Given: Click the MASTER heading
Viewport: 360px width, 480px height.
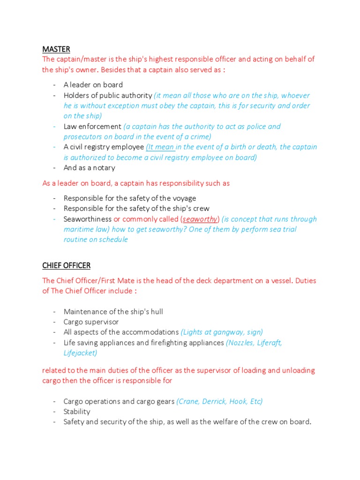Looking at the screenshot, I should pyautogui.click(x=56, y=49).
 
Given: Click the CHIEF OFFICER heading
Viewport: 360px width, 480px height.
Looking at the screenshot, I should pyautogui.click(x=66, y=266).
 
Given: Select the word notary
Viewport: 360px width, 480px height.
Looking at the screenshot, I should pyautogui.click(x=104, y=168).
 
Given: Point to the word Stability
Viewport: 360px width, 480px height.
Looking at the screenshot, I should pyautogui.click(x=77, y=412).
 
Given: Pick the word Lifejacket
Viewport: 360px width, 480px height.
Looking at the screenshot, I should pyautogui.click(x=80, y=353).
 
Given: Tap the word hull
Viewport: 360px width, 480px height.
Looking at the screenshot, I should pyautogui.click(x=156, y=312).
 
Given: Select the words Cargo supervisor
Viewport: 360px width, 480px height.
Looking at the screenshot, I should pyautogui.click(x=91, y=322).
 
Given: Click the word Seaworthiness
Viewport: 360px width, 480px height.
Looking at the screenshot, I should pyautogui.click(x=88, y=219).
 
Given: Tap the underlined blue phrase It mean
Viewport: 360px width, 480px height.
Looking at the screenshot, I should pyautogui.click(x=160, y=147).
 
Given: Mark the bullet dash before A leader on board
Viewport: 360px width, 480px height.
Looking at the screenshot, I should pyautogui.click(x=54, y=85).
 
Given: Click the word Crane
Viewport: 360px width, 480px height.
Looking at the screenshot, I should pyautogui.click(x=190, y=401).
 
